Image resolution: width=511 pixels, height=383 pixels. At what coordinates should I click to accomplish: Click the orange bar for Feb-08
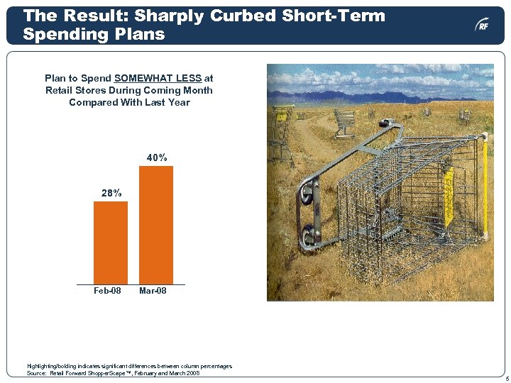111,243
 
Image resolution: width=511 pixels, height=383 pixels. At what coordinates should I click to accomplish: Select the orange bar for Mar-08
156,225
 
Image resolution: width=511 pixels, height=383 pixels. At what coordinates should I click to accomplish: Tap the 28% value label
111,193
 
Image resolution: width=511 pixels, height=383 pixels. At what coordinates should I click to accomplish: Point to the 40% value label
157,157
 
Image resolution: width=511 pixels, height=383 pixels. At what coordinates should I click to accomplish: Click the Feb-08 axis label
107,291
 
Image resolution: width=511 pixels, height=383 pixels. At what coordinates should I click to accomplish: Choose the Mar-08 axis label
153,291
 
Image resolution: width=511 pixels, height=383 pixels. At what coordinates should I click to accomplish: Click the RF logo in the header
482,26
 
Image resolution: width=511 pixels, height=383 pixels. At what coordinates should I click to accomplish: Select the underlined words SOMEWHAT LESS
158,78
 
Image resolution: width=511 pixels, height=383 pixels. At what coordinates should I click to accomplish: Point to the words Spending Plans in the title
94,33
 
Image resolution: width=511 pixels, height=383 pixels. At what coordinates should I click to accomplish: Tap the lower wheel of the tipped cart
309,236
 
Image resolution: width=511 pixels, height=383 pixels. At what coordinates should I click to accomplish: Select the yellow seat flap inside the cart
449,195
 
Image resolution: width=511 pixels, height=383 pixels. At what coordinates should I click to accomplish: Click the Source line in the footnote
113,373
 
